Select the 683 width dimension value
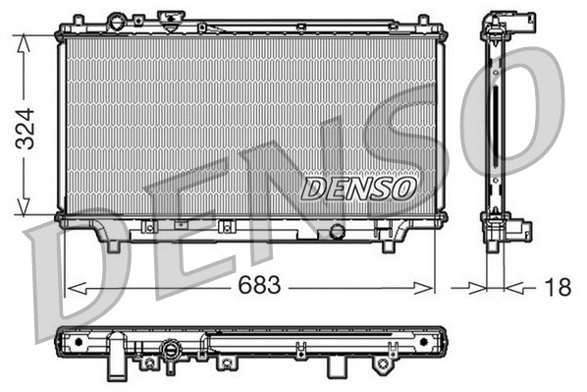258,286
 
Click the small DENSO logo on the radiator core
358,187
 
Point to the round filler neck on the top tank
118,21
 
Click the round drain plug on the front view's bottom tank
338,231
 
